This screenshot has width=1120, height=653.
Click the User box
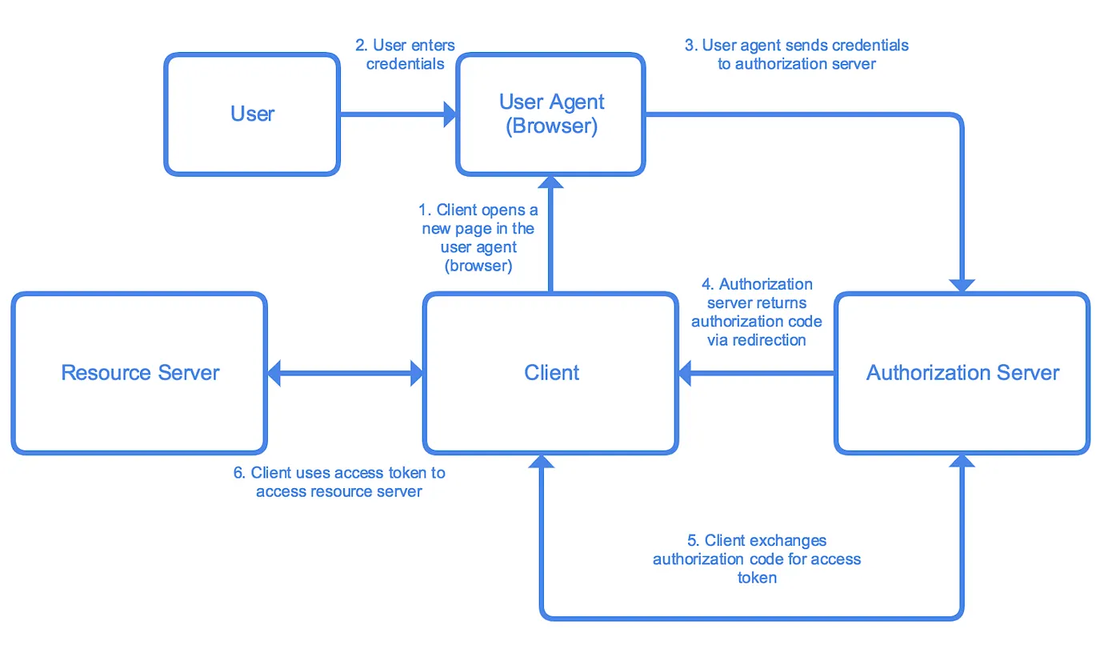252,114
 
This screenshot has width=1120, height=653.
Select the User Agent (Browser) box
550,114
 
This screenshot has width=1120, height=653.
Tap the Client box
551,373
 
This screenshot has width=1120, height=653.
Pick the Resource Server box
139,373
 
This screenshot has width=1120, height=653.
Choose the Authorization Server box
962,373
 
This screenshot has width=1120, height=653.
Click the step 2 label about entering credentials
405,54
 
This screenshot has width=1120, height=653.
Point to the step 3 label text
796,54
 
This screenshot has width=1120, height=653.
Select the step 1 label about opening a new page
478,238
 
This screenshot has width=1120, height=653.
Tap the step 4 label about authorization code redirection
756,312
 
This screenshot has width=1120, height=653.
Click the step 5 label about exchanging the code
756,559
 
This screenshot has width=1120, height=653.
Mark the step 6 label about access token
339,482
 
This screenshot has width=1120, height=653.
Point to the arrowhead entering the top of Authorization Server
962,286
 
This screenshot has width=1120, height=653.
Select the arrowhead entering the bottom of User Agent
550,182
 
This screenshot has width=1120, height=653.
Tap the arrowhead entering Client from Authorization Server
686,373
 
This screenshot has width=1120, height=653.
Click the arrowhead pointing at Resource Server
274,373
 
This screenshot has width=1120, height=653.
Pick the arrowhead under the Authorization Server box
962,461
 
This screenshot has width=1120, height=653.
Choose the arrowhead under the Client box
542,461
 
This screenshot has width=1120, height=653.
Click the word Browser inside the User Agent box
551,127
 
